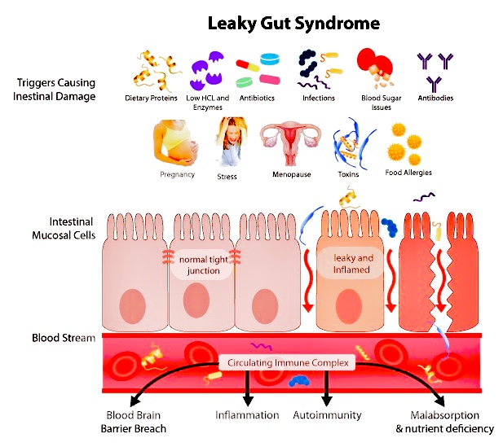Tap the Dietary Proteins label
[x=152, y=99]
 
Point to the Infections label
[x=317, y=99]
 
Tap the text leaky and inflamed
[x=352, y=264]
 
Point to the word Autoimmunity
[x=327, y=415]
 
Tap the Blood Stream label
[x=64, y=338]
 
